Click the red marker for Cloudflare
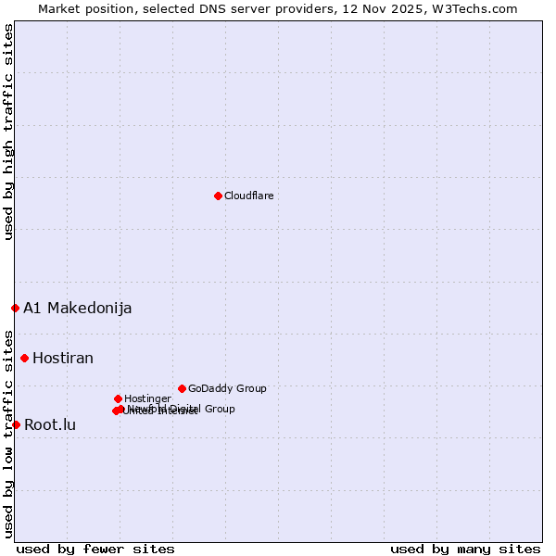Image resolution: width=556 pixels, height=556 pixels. (x=218, y=196)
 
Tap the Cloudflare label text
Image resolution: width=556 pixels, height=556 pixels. (x=248, y=196)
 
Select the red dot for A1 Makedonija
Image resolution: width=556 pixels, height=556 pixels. (x=15, y=308)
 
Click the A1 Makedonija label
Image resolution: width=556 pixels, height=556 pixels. (x=77, y=308)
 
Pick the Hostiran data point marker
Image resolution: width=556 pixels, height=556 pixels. (x=24, y=358)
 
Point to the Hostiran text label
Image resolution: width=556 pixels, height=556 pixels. (x=63, y=358)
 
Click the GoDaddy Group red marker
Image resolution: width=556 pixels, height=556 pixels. (x=182, y=388)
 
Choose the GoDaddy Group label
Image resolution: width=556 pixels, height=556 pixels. (x=227, y=388)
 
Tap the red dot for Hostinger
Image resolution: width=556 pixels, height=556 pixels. (x=118, y=398)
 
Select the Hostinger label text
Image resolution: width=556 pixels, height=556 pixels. (x=147, y=398)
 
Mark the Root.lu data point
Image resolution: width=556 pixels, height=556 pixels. (x=16, y=424)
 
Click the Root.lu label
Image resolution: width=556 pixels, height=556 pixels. (x=50, y=424)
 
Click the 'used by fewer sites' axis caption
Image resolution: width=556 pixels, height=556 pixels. (x=95, y=549)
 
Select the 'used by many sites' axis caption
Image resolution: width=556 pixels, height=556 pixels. (x=465, y=549)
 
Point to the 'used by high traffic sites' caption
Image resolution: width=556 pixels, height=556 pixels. (x=8, y=132)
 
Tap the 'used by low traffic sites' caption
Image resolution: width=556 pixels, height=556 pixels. (x=8, y=433)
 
